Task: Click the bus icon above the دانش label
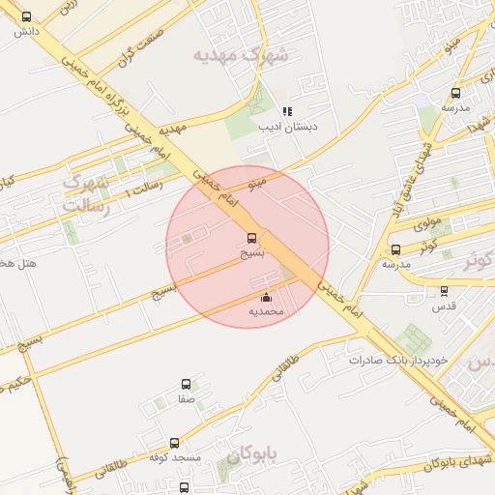click(25, 16)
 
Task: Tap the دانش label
click(25, 32)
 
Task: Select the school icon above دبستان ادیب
click(286, 111)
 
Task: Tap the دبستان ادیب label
click(287, 127)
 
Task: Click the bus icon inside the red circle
click(252, 237)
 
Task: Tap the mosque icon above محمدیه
click(267, 297)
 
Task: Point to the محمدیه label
click(267, 311)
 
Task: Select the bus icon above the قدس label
click(444, 290)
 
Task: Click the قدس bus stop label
click(444, 305)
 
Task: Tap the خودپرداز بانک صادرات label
click(399, 360)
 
